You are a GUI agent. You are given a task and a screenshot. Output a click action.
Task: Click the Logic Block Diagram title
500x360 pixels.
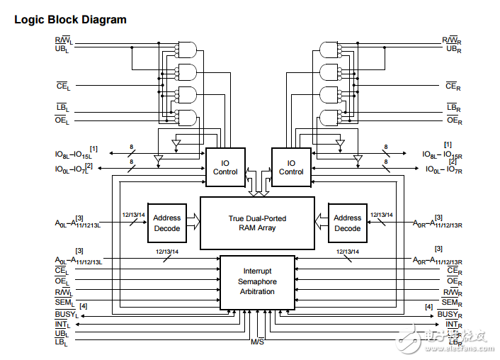[x=70, y=20]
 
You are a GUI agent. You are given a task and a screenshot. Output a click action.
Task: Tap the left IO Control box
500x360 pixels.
[x=225, y=167]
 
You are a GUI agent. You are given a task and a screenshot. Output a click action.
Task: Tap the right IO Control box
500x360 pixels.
[x=291, y=167]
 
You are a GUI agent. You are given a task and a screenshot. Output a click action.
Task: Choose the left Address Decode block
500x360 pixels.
[x=167, y=223]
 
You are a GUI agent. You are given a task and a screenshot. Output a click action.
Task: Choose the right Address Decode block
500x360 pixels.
[x=347, y=223]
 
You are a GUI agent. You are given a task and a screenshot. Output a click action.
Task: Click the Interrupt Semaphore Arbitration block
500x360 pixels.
[x=257, y=282]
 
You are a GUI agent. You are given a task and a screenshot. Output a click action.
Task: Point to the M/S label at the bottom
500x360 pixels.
[x=257, y=342]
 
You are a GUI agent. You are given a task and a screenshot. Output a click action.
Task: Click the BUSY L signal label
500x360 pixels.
[x=66, y=313]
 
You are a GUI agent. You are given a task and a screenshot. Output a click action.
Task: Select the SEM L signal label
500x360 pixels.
[x=64, y=303]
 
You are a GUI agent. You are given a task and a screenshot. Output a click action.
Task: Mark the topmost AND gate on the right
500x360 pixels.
[x=330, y=49]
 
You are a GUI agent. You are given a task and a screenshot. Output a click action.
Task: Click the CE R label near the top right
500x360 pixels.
[x=453, y=86]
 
